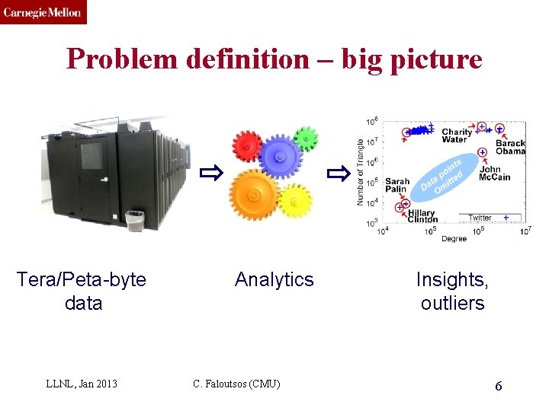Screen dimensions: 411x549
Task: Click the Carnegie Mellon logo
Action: [x=43, y=12]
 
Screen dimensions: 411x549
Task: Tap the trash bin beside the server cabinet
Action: [x=134, y=221]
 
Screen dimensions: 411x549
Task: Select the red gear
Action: [x=248, y=145]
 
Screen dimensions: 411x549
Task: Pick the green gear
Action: [x=304, y=138]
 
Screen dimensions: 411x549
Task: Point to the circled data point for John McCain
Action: [x=483, y=152]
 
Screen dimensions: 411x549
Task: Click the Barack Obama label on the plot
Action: [x=510, y=147]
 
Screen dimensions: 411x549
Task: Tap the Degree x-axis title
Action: [x=454, y=239]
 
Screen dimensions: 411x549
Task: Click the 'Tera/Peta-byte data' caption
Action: [x=82, y=291]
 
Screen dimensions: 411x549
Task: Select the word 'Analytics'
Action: [x=274, y=279]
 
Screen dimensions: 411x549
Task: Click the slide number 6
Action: [x=498, y=386]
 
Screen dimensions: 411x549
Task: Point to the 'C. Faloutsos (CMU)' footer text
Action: [x=236, y=384]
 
